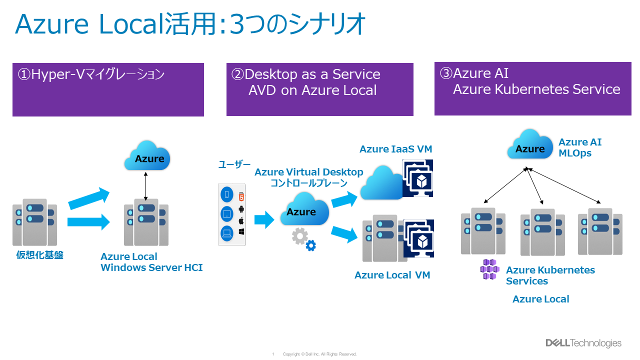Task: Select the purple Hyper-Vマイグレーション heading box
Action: tap(108, 90)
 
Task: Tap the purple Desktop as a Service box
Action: tap(319, 89)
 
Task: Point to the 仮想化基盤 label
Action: tap(40, 255)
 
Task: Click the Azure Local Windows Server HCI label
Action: tap(151, 262)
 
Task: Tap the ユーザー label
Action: tap(234, 164)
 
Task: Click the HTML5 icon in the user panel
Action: tap(241, 196)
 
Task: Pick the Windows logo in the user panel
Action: tap(241, 232)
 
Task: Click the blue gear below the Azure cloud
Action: tap(311, 245)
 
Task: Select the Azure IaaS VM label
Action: tap(395, 149)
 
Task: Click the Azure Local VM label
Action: tap(392, 275)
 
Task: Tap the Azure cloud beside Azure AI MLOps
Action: tap(528, 145)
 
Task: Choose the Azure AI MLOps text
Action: tap(580, 147)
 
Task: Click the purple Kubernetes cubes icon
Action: tap(489, 269)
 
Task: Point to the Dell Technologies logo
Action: tap(583, 343)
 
